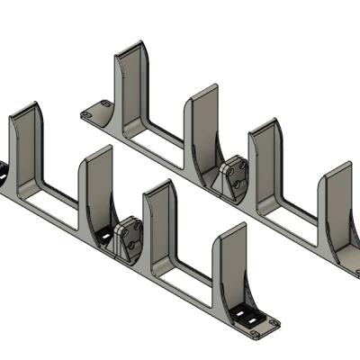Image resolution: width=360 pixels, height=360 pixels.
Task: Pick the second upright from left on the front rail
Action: [97, 184]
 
